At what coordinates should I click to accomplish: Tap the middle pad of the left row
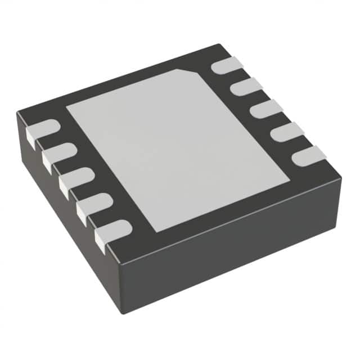click(76, 177)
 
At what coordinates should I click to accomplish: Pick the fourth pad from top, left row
click(93, 202)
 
